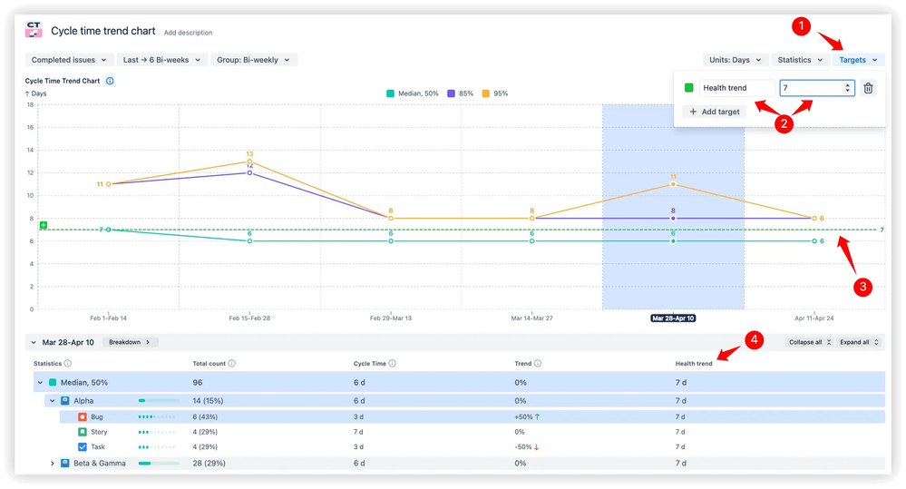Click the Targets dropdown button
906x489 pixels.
(857, 60)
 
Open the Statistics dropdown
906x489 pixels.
(800, 60)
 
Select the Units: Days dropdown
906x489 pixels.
(735, 60)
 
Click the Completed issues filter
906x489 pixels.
(69, 60)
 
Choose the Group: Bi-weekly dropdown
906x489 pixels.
(254, 60)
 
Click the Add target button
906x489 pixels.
(715, 112)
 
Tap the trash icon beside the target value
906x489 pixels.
(868, 88)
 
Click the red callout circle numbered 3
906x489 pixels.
(862, 287)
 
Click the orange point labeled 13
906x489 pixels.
(249, 161)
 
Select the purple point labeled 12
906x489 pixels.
(249, 172)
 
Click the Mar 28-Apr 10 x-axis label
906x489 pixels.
(673, 319)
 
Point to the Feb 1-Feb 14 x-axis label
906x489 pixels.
(109, 319)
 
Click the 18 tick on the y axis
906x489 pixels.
(30, 104)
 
